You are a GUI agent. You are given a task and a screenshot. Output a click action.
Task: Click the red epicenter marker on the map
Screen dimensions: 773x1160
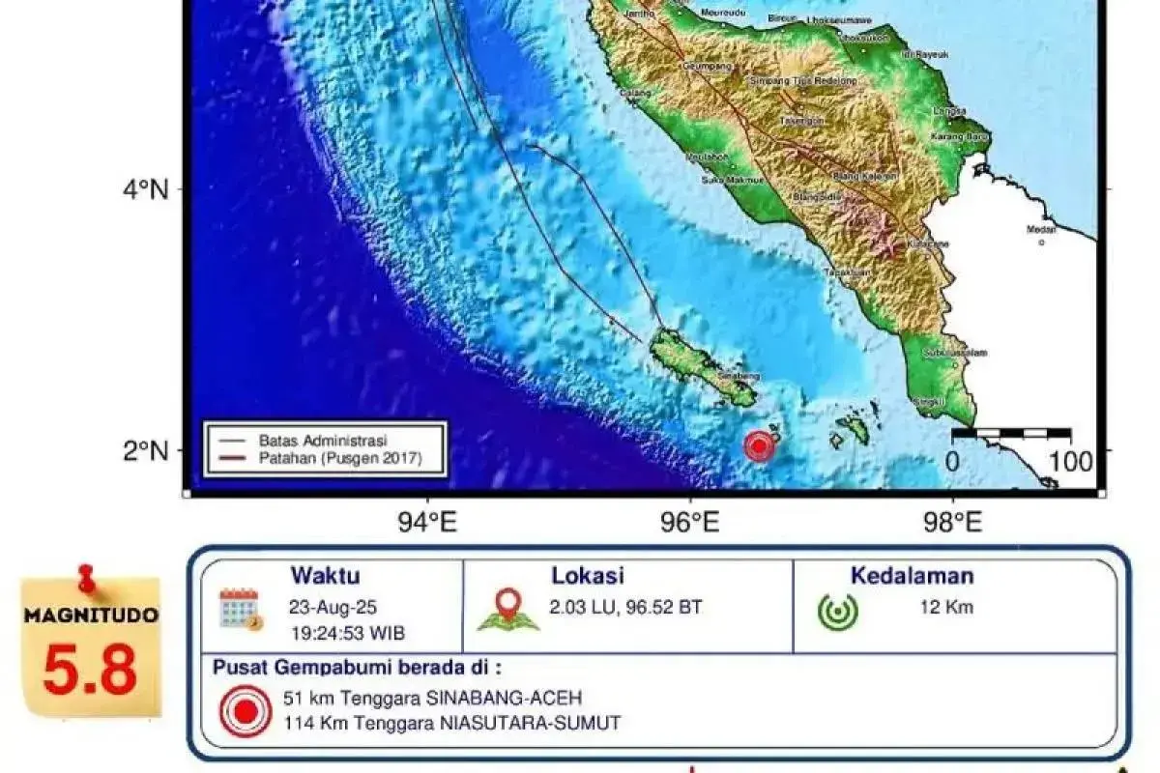(x=760, y=445)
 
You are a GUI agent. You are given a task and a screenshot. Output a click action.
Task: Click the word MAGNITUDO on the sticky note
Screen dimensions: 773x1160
(x=91, y=615)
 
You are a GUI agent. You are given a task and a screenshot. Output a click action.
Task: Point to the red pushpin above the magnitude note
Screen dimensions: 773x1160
(x=87, y=578)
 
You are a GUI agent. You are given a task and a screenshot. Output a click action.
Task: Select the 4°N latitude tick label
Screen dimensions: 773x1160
(x=146, y=190)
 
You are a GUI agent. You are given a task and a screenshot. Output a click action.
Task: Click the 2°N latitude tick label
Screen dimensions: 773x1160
(x=146, y=450)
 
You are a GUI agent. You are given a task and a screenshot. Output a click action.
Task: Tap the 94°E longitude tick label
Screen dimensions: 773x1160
(x=427, y=523)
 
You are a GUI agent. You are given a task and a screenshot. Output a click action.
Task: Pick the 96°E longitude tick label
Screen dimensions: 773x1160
(x=689, y=523)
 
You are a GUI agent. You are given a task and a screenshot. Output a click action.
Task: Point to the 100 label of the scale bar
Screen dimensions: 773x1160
(x=1071, y=461)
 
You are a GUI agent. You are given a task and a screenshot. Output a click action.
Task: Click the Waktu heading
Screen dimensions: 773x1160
(x=325, y=577)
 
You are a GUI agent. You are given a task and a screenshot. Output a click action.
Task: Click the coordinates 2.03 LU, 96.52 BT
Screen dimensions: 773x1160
(x=626, y=608)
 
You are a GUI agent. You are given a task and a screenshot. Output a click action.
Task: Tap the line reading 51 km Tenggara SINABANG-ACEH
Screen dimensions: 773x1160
(x=432, y=698)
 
